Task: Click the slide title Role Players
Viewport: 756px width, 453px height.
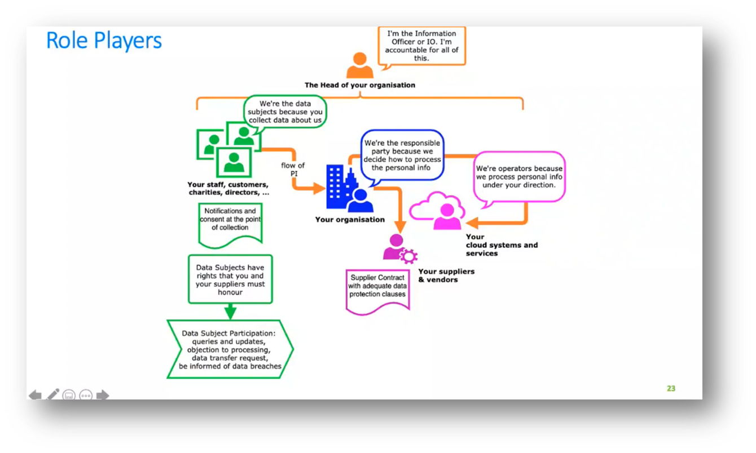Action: click(104, 41)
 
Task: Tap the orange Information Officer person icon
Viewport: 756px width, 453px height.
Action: click(359, 66)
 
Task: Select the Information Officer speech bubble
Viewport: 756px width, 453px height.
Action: click(421, 46)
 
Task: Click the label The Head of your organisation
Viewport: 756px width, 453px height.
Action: click(360, 86)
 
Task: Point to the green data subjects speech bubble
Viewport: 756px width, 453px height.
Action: click(285, 112)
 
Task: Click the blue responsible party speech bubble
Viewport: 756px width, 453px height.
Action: click(402, 156)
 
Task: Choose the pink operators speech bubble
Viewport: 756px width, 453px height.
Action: click(519, 177)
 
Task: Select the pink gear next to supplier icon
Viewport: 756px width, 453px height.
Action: click(408, 256)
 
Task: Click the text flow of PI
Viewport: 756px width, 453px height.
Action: click(293, 169)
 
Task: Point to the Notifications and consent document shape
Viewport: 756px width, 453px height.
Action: click(230, 223)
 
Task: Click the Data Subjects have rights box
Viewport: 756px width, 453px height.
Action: click(230, 279)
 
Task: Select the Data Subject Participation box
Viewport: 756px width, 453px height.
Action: click(230, 349)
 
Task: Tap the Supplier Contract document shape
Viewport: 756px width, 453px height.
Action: click(377, 289)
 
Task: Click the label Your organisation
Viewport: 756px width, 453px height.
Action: click(350, 220)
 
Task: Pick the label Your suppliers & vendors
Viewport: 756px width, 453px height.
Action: click(446, 276)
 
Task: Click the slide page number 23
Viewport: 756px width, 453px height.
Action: click(671, 388)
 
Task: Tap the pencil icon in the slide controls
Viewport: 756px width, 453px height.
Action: click(52, 394)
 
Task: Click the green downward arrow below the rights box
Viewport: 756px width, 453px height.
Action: click(230, 312)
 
